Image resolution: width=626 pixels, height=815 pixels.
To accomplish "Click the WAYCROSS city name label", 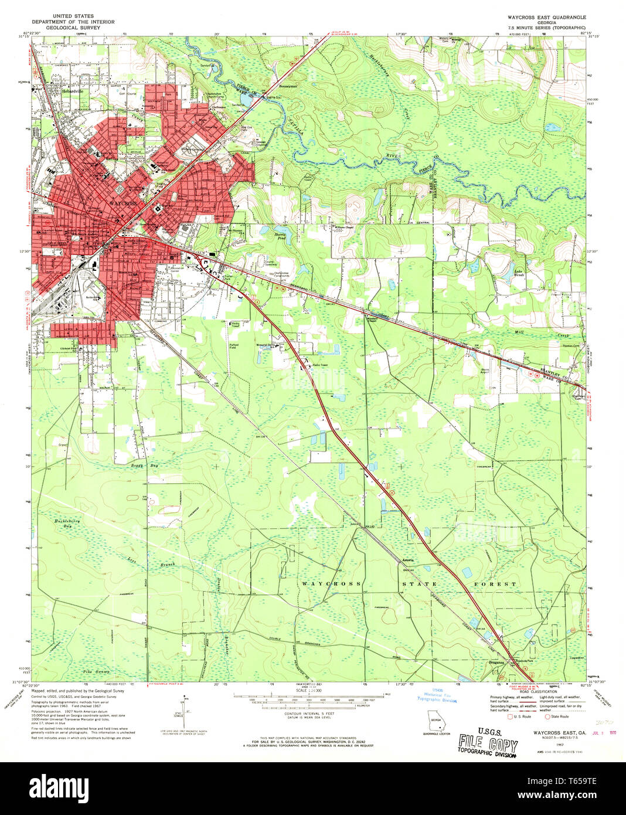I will tap(123, 203).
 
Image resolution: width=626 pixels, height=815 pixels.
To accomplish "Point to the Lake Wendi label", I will tap(519, 273).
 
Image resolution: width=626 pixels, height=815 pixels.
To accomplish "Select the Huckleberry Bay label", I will tap(67, 524).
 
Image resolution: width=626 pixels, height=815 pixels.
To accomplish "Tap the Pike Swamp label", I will tap(96, 671).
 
